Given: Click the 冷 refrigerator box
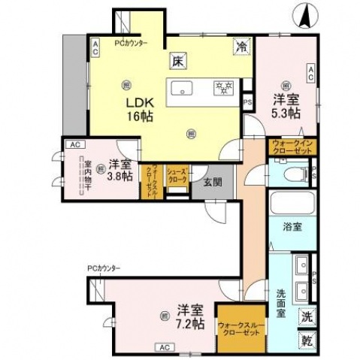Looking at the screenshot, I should (x=241, y=47).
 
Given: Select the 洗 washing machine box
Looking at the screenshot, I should (x=308, y=316).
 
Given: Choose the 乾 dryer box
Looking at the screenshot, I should (x=308, y=340).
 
